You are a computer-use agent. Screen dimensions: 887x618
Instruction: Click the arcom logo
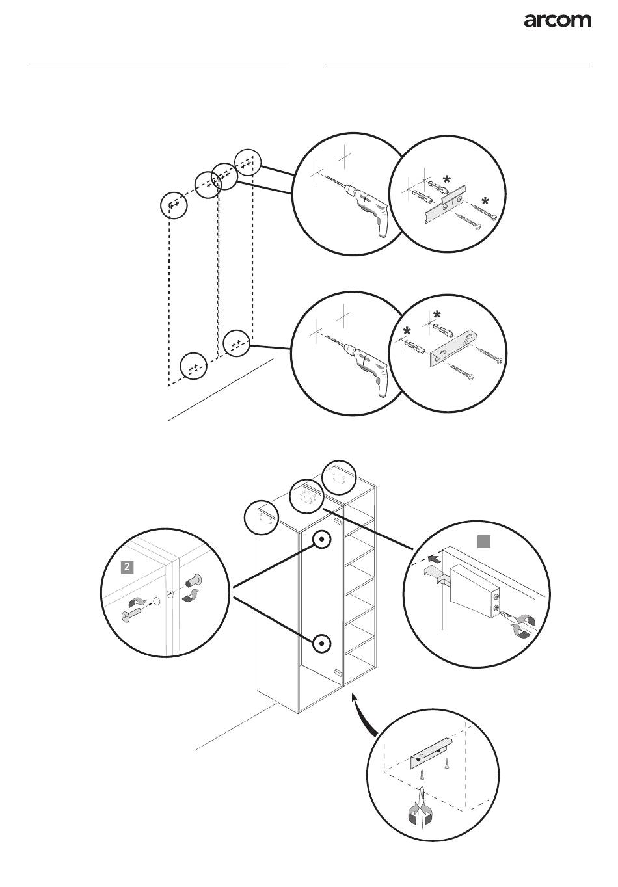point(558,21)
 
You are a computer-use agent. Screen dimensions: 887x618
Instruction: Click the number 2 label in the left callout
point(128,567)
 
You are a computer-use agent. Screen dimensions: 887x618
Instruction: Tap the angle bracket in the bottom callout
point(431,753)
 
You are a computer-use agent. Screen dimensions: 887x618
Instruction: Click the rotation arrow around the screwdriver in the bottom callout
point(422,812)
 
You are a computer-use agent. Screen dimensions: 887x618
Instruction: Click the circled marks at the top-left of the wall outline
point(174,205)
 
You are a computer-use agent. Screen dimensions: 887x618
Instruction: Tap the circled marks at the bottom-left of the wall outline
point(193,366)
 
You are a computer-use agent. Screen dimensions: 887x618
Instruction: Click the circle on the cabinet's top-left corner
point(261,518)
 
